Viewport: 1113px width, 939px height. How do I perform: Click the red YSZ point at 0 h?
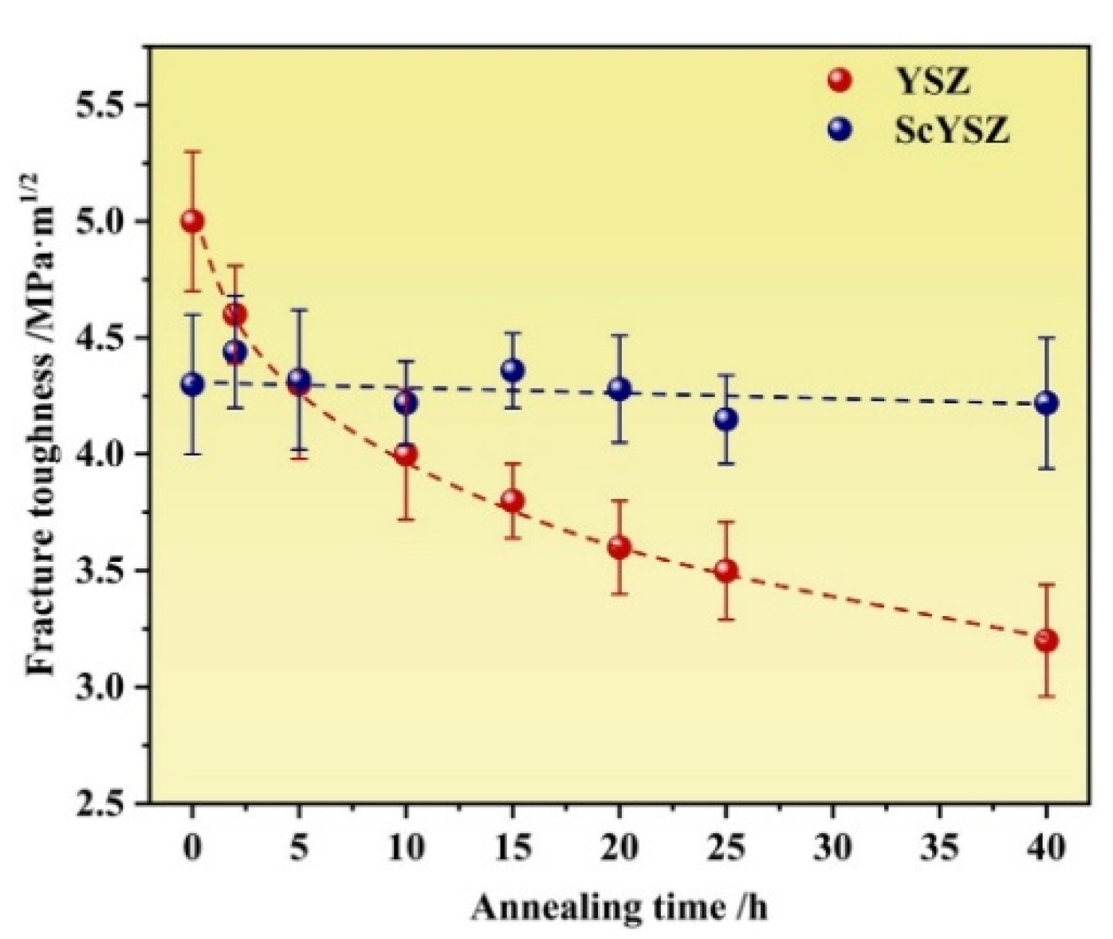(x=192, y=221)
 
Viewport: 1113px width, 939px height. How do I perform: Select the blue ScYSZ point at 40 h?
(x=1046, y=403)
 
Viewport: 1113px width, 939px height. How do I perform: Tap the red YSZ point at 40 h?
(x=1046, y=640)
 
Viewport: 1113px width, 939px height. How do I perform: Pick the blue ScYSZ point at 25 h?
(x=726, y=418)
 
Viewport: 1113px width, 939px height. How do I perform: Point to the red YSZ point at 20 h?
(x=619, y=548)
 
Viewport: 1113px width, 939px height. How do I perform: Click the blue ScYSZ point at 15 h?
(x=513, y=370)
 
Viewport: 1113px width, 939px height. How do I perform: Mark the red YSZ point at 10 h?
(x=406, y=454)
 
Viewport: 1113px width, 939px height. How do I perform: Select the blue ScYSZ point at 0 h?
(x=192, y=384)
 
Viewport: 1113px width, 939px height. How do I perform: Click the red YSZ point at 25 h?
(x=726, y=571)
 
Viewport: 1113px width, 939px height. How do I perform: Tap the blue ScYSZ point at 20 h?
(x=619, y=389)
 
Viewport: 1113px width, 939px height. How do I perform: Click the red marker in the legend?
(x=840, y=80)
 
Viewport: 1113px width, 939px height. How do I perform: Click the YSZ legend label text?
(x=931, y=80)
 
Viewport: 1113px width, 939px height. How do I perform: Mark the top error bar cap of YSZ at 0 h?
(x=192, y=151)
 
